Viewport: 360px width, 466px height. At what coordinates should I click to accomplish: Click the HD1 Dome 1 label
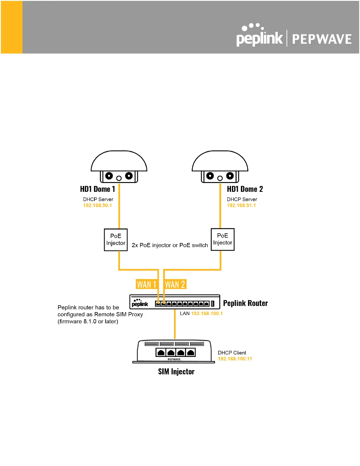point(97,189)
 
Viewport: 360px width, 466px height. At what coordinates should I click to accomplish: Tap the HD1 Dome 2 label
point(245,189)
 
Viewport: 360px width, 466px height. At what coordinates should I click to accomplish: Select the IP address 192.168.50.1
point(97,205)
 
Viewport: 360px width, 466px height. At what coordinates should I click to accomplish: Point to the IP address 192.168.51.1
point(241,205)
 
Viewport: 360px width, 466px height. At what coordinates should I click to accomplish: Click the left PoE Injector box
point(116,240)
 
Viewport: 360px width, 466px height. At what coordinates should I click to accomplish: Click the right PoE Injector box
point(223,239)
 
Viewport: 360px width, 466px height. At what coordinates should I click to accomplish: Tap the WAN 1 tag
point(146,284)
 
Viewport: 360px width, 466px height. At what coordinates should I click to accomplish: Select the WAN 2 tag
point(175,284)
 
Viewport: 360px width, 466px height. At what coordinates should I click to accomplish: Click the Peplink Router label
point(245,303)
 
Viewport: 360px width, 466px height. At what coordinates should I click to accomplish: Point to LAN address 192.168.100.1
point(207,314)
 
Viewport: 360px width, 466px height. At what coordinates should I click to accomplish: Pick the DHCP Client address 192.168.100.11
point(235,359)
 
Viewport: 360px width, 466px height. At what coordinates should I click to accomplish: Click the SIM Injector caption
point(176,372)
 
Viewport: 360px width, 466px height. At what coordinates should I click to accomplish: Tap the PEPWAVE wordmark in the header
point(322,39)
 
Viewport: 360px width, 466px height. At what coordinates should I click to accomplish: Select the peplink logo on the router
point(140,303)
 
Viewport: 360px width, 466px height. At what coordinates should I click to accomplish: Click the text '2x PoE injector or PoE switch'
point(170,245)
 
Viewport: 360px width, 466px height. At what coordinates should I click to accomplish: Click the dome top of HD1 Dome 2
point(220,161)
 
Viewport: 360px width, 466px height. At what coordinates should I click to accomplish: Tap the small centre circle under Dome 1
point(119,178)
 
